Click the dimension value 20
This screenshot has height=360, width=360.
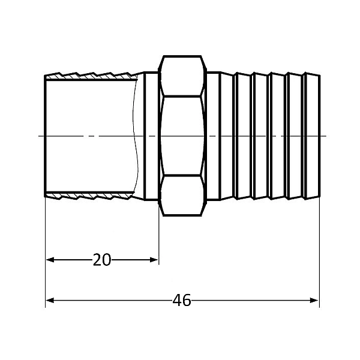pos(102,260)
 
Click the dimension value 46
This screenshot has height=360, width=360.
pos(181,300)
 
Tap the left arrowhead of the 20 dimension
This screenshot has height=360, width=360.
pos(50,260)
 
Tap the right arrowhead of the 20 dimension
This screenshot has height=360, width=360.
pos(154,260)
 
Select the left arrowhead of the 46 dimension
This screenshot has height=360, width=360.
pos(50,300)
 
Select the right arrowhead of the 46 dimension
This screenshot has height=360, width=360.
pos(314,300)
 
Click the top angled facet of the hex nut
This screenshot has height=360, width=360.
pos(183,76)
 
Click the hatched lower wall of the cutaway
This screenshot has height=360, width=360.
pos(90,196)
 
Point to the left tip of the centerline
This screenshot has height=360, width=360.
pos(40,136)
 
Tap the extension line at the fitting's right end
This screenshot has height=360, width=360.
pos(319,252)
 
